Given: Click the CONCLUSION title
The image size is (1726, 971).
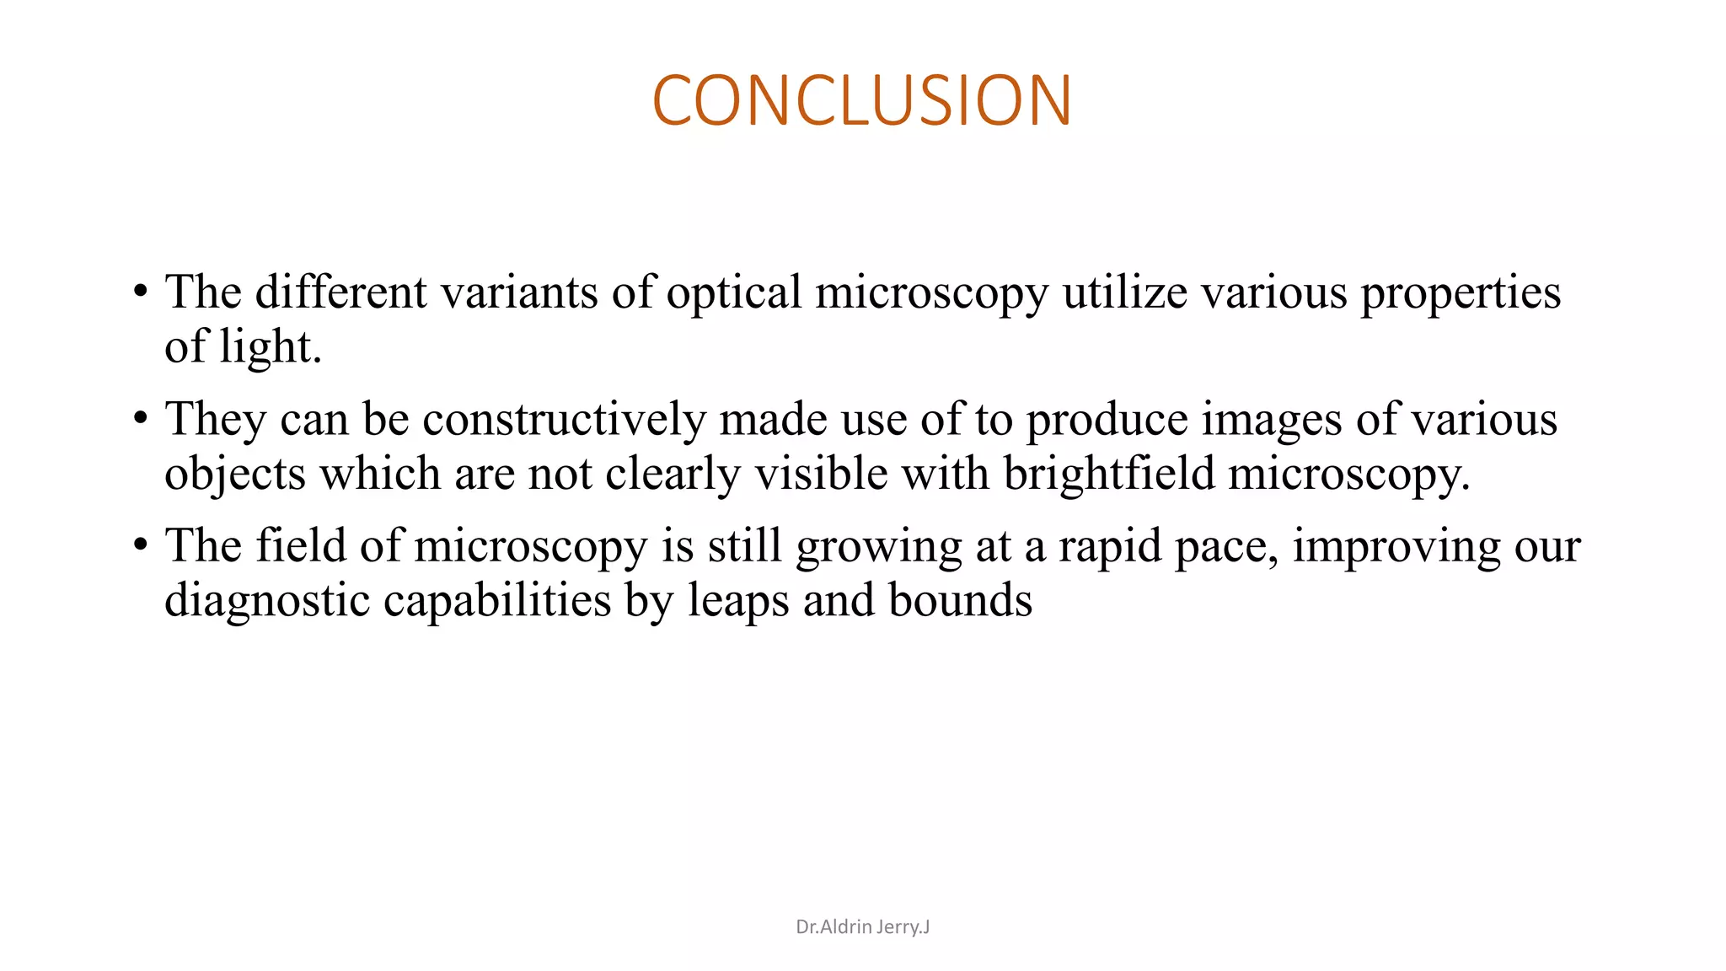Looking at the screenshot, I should pos(861,100).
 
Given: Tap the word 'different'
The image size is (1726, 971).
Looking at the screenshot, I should pos(341,292).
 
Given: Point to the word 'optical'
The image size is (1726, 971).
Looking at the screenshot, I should pos(733,292).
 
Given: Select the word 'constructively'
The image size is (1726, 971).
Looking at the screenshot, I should pos(564,420).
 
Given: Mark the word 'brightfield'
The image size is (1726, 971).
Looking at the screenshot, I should pos(1108,474).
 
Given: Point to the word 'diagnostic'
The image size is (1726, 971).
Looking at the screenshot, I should pos(266,601).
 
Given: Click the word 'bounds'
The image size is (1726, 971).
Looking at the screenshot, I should pos(960,601).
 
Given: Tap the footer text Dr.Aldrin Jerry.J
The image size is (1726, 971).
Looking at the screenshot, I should pos(862,927).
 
